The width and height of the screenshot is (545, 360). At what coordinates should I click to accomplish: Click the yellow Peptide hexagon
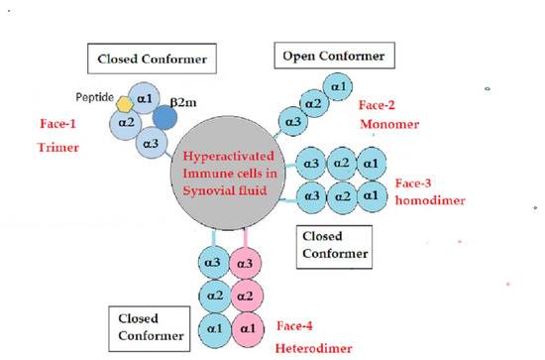pyautogui.click(x=125, y=103)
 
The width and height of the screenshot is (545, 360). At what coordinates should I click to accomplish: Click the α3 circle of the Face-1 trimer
pyautogui.click(x=151, y=146)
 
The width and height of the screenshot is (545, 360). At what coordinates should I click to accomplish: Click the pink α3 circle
pyautogui.click(x=244, y=263)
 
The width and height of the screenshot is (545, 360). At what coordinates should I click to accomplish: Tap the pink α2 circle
pyautogui.click(x=244, y=296)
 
